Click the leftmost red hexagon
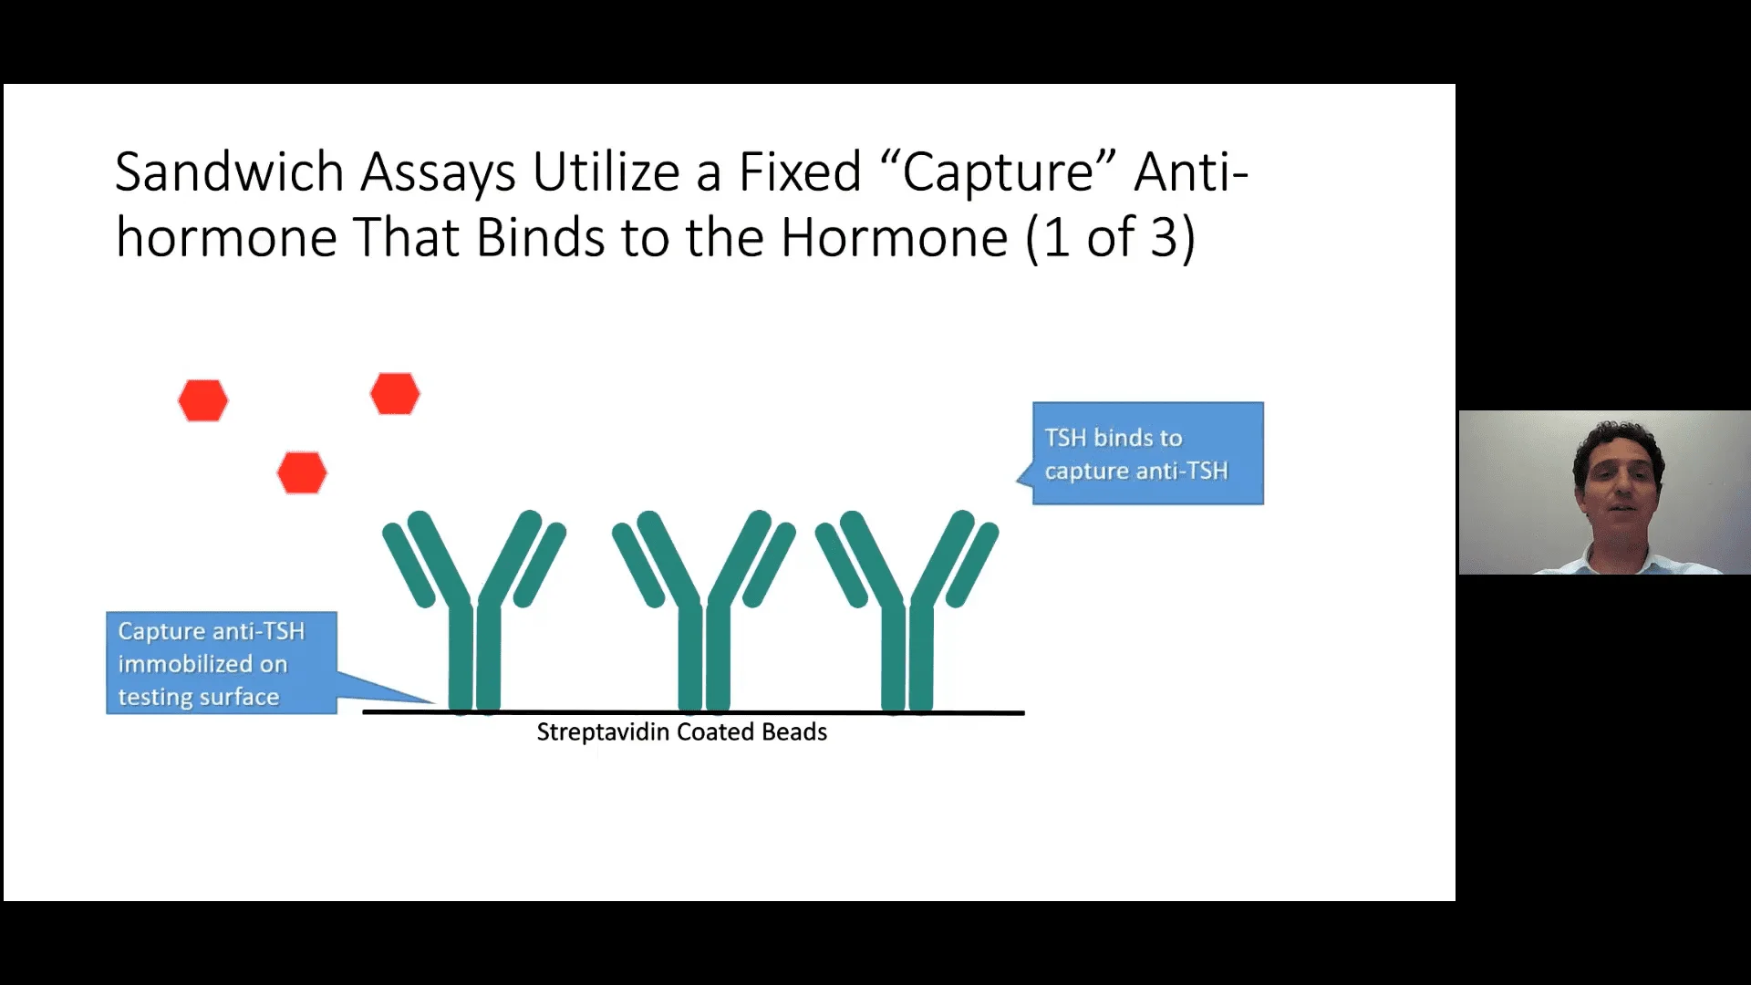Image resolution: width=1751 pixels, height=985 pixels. (x=202, y=400)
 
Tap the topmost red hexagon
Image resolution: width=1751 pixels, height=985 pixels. (x=395, y=394)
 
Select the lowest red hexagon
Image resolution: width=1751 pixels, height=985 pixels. (x=302, y=472)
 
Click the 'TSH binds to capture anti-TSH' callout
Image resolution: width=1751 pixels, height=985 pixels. (x=1147, y=453)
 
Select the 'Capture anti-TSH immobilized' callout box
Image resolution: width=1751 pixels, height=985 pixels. (x=222, y=663)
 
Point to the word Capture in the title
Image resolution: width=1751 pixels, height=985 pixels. (x=998, y=172)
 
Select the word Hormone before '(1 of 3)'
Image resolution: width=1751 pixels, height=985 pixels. (x=894, y=238)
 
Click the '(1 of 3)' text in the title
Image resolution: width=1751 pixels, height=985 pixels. (x=1110, y=238)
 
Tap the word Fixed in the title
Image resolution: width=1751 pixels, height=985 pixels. (x=799, y=172)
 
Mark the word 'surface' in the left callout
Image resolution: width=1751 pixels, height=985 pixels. (x=237, y=697)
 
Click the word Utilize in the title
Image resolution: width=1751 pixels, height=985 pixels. (x=606, y=172)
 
